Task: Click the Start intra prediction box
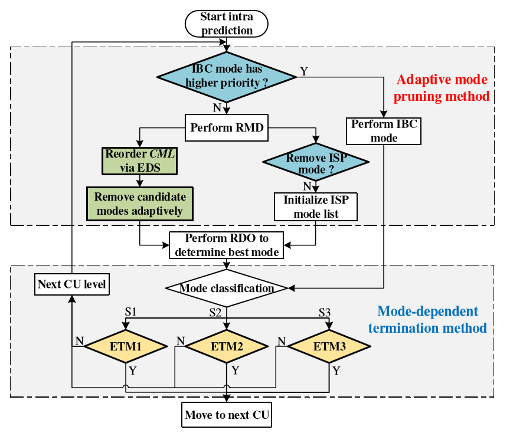pyautogui.click(x=227, y=24)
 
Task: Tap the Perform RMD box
pyautogui.click(x=227, y=127)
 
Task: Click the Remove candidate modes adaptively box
pyautogui.click(x=140, y=204)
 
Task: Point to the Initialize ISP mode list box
pyautogui.click(x=316, y=206)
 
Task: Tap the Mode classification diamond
pyautogui.click(x=227, y=289)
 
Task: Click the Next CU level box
pyautogui.click(x=71, y=284)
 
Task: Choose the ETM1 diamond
pyautogui.click(x=126, y=347)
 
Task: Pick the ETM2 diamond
pyautogui.click(x=227, y=347)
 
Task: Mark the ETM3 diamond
pyautogui.click(x=329, y=347)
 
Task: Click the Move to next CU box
pyautogui.click(x=227, y=415)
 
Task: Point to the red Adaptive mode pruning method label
pyautogui.click(x=443, y=87)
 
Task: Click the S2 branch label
pyautogui.click(x=215, y=312)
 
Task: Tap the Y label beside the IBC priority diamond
pyautogui.click(x=303, y=71)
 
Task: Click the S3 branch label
pyautogui.click(x=325, y=312)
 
